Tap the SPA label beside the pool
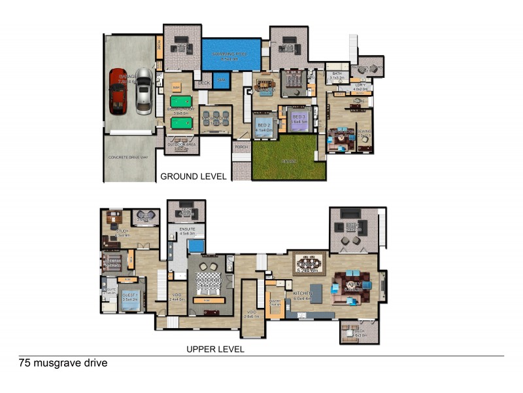pyautogui.click(x=222, y=79)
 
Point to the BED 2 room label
pyautogui.click(x=263, y=124)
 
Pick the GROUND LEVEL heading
pyautogui.click(x=194, y=176)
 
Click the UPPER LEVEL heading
pyautogui.click(x=215, y=349)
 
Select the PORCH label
pyautogui.click(x=241, y=148)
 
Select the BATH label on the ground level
pyautogui.click(x=337, y=73)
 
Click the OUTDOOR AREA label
pyautogui.click(x=182, y=145)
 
